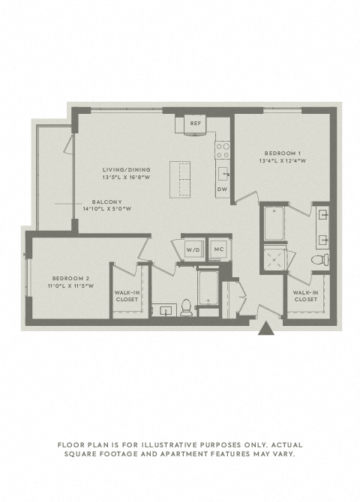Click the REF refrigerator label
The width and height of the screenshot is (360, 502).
[x=196, y=124]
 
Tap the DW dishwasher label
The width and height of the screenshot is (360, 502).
[x=222, y=190]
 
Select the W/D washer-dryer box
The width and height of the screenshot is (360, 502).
[x=194, y=249]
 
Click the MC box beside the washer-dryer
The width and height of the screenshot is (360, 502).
[x=219, y=249]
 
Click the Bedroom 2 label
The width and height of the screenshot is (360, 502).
[x=70, y=279]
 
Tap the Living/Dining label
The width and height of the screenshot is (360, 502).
[x=126, y=169]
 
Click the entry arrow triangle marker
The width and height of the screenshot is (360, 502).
[x=266, y=329]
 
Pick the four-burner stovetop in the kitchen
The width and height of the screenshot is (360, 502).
[x=223, y=151]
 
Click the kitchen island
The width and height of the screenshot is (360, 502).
[x=180, y=180]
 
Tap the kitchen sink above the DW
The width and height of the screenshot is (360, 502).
[x=223, y=174]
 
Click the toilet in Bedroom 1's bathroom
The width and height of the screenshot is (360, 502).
[x=320, y=259]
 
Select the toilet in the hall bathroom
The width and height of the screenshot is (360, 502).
[x=186, y=308]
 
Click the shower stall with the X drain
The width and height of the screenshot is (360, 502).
[x=274, y=260]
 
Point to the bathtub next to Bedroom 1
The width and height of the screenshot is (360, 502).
[x=274, y=223]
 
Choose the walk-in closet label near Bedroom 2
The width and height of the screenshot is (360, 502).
[x=127, y=296]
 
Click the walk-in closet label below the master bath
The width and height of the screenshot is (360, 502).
[x=305, y=296]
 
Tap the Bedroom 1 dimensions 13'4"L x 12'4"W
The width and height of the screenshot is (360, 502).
[x=283, y=161]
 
